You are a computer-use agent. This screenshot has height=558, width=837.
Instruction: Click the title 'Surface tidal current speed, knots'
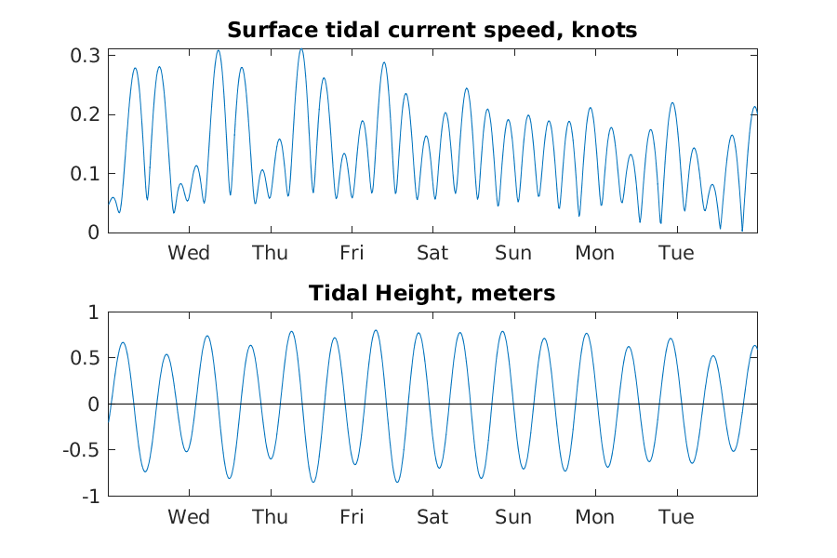(x=432, y=30)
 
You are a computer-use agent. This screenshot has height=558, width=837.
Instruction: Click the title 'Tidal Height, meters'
(x=432, y=294)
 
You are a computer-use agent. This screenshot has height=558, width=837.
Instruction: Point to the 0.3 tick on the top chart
(x=87, y=56)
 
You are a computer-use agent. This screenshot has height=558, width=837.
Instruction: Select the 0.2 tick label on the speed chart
(x=87, y=115)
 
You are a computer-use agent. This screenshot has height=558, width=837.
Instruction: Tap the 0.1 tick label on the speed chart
(x=87, y=174)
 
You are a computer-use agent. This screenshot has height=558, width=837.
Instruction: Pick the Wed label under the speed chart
(x=189, y=253)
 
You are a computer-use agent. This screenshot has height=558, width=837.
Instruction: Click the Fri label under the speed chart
(x=352, y=253)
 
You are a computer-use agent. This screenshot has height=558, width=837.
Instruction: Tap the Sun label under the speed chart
(x=513, y=253)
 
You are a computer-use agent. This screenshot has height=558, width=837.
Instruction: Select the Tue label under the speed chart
(x=676, y=253)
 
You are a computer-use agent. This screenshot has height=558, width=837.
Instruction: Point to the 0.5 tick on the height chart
(x=87, y=358)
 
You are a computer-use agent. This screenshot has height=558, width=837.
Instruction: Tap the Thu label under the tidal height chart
(x=270, y=517)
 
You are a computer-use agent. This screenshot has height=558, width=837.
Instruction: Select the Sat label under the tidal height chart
(x=432, y=517)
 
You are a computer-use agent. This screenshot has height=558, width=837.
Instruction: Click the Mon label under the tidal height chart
(x=594, y=517)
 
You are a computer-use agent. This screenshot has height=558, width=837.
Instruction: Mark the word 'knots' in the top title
(x=605, y=30)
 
